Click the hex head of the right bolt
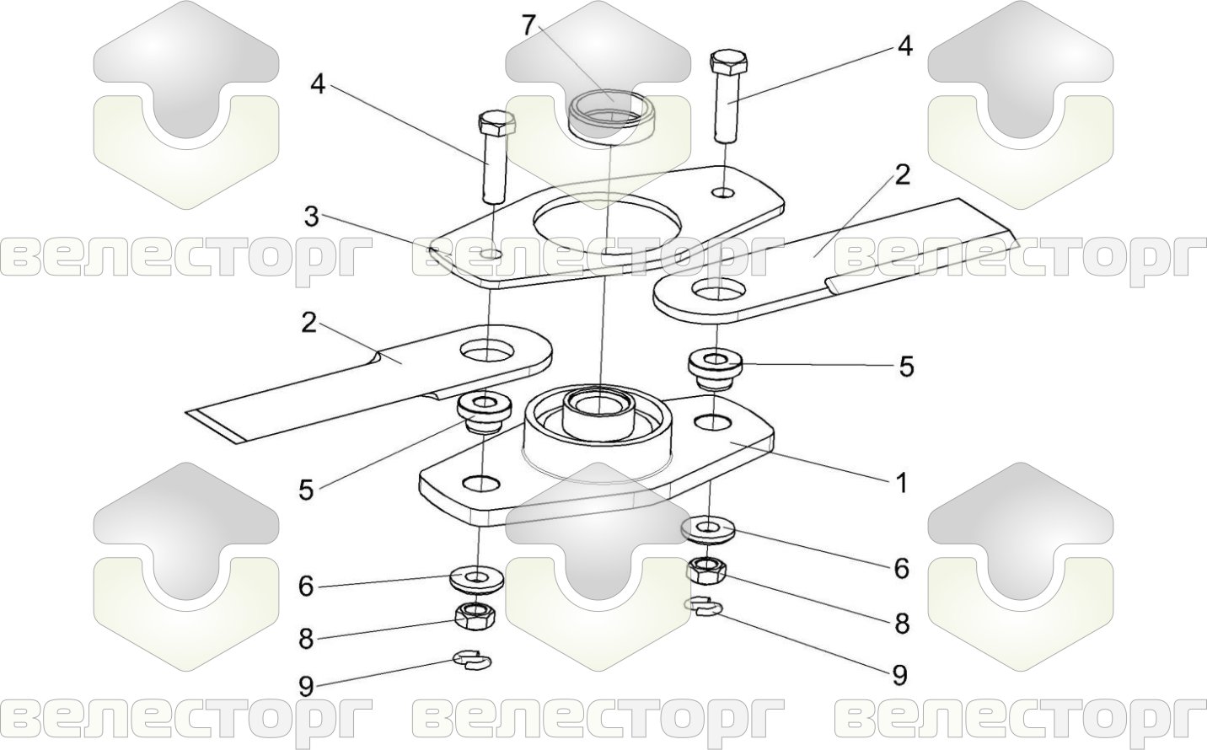[x=730, y=62]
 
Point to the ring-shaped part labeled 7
[x=610, y=116]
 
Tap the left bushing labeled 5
[x=483, y=412]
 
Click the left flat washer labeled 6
[x=476, y=579]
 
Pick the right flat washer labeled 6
[x=708, y=530]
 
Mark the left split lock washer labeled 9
[x=472, y=658]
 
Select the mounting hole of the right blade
[x=718, y=292]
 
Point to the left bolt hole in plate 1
[x=481, y=483]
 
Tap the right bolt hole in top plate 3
[x=722, y=192]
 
